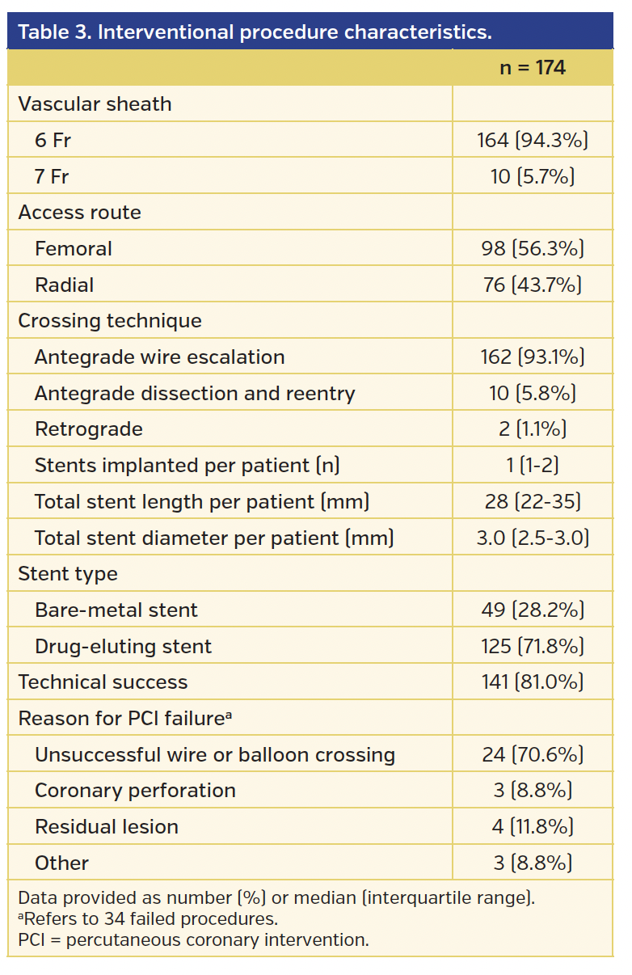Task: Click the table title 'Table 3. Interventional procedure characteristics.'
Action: (x=255, y=32)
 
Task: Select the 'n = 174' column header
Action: (x=532, y=68)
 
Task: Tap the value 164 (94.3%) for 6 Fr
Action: (x=532, y=141)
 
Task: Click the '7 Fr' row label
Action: (x=52, y=176)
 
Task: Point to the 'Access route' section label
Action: (x=79, y=213)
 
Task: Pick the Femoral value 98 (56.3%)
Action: (x=532, y=249)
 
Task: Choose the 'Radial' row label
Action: (x=64, y=285)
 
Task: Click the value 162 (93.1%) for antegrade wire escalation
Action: (x=532, y=357)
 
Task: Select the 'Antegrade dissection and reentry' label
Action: (x=195, y=394)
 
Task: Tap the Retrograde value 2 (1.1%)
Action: (x=532, y=429)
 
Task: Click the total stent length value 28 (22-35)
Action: (x=532, y=502)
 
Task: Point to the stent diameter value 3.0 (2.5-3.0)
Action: (x=532, y=538)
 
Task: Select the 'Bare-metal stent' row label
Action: (x=116, y=610)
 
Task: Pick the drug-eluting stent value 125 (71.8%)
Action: (x=532, y=647)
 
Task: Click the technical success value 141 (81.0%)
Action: (x=532, y=682)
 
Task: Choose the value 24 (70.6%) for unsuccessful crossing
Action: (x=532, y=755)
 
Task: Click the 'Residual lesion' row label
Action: (x=107, y=827)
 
